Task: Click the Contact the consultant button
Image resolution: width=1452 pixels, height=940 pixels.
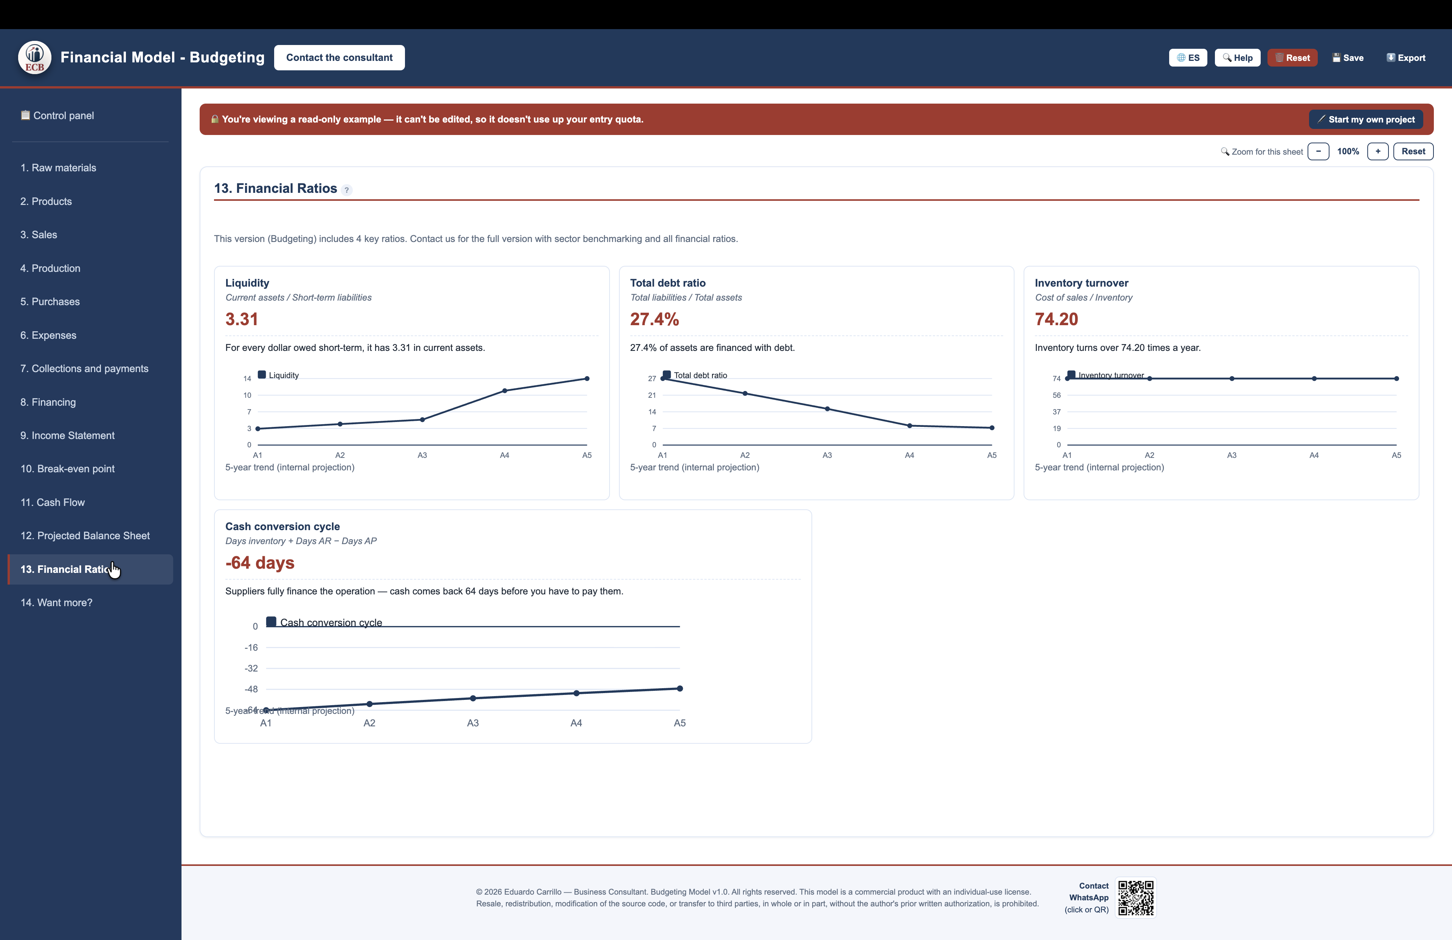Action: coord(339,57)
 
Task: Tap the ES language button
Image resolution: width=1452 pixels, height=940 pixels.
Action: coord(1187,58)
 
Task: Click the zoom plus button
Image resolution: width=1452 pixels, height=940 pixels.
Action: coord(1378,151)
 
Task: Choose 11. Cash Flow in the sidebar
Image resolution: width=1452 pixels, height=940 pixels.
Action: coord(53,502)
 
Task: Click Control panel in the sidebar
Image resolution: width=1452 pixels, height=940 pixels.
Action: coord(57,115)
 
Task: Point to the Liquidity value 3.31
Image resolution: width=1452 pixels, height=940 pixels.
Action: coord(242,319)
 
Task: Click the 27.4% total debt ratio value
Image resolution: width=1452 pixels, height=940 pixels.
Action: coord(654,319)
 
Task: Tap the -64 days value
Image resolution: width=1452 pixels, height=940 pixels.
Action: coord(260,562)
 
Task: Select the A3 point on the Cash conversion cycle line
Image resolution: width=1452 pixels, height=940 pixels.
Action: coord(473,698)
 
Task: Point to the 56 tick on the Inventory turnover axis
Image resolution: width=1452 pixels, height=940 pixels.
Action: coord(1056,395)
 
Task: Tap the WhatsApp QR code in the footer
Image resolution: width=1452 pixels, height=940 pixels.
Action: coord(1136,897)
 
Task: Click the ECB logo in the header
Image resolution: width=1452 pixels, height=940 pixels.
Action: coord(35,57)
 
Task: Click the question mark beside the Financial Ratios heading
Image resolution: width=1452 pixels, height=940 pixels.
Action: coord(346,190)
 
